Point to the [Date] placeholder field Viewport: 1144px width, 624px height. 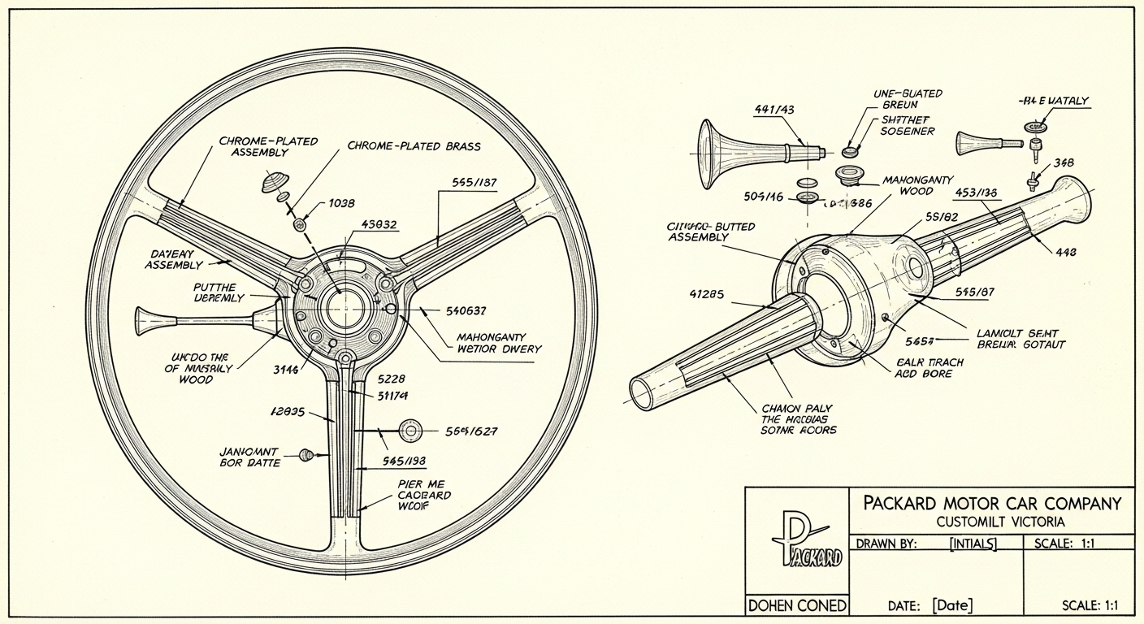click(952, 605)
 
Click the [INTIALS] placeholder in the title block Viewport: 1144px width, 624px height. click(973, 544)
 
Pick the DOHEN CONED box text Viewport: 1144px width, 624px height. click(797, 605)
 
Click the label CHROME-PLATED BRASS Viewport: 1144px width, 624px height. click(414, 146)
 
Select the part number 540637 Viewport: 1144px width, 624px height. click(466, 310)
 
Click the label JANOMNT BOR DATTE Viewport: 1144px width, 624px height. click(250, 457)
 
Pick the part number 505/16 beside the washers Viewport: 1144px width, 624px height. click(765, 196)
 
